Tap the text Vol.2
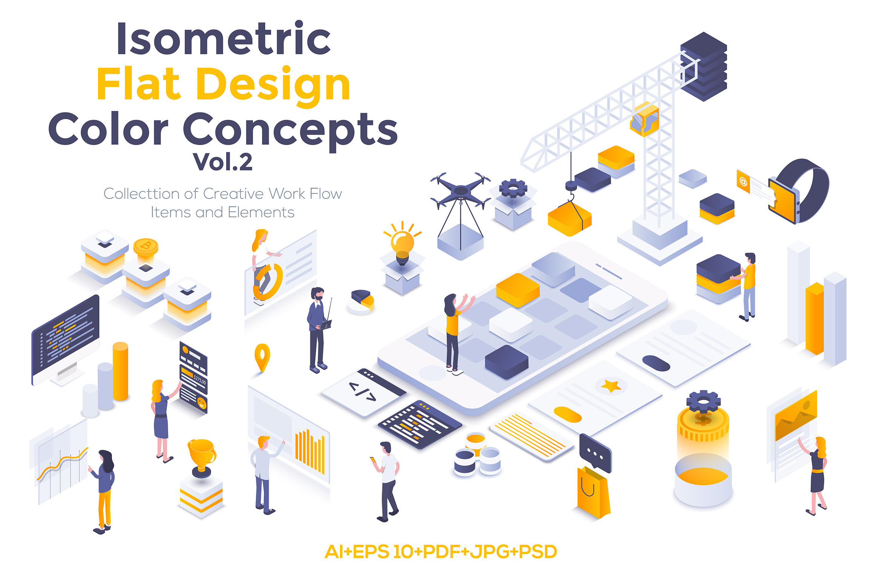pos(222,162)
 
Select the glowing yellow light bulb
pos(402,243)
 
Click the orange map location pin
pos(262,357)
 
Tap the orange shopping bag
pos(593,492)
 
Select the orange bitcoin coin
pos(146,247)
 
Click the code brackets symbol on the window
pos(363,392)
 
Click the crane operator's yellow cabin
pos(645,119)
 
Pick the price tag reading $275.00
pos(199,379)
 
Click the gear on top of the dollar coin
pos(703,401)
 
